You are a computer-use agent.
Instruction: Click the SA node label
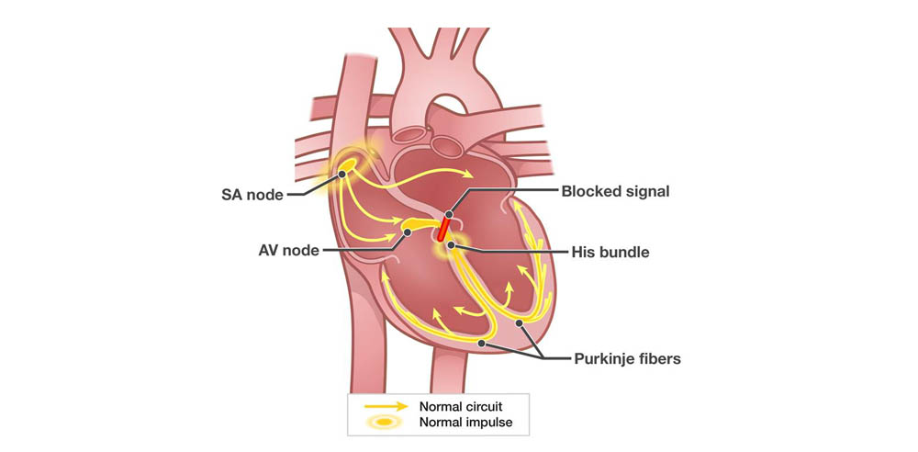[x=252, y=195]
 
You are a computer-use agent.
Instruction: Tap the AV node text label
[x=288, y=250]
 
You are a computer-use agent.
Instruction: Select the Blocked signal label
[x=615, y=191]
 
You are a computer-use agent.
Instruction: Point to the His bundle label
[x=610, y=253]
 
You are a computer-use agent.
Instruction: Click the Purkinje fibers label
[x=628, y=358]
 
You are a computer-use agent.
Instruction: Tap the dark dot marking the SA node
[x=341, y=175]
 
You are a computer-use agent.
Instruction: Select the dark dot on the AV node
[x=408, y=232]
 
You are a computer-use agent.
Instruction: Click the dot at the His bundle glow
[x=450, y=244]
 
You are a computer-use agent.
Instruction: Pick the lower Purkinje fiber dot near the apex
[x=481, y=344]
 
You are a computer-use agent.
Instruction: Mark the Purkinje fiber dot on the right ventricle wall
[x=519, y=323]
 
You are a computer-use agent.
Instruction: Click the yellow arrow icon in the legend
[x=386, y=406]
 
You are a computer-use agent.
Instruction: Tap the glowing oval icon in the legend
[x=386, y=422]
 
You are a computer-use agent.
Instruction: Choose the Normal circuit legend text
[x=461, y=406]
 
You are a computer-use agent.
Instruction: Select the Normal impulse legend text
[x=465, y=422]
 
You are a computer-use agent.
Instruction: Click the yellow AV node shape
[x=419, y=223]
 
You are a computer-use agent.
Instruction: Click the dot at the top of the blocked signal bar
[x=449, y=215]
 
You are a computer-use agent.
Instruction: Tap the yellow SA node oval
[x=347, y=166]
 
